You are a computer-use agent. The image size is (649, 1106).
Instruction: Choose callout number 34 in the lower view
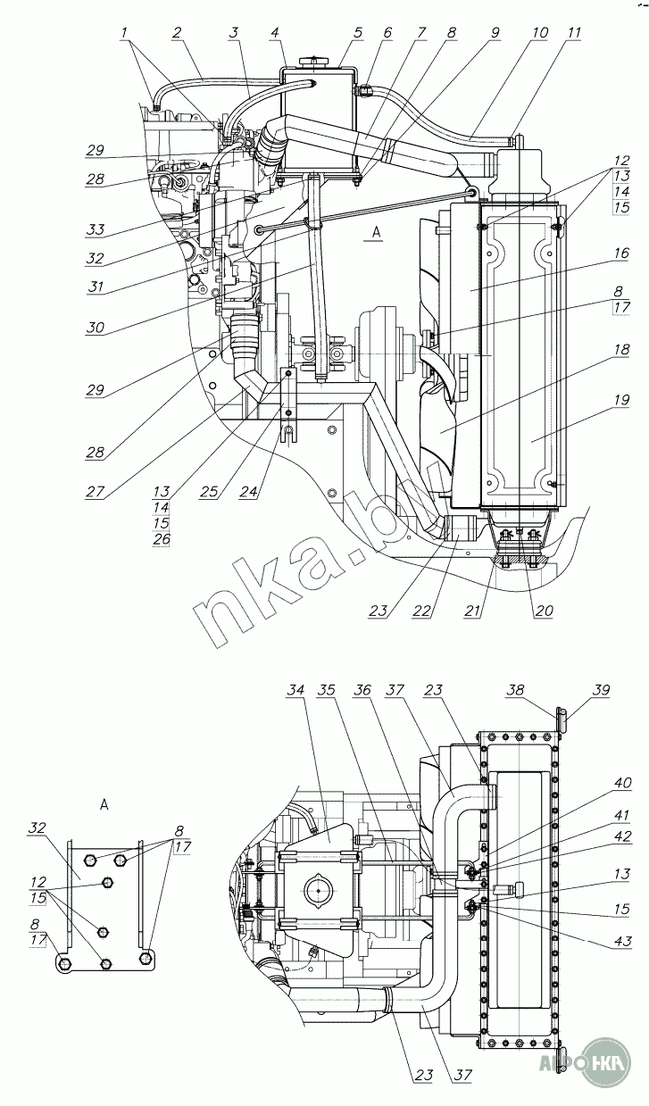coord(296,691)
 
